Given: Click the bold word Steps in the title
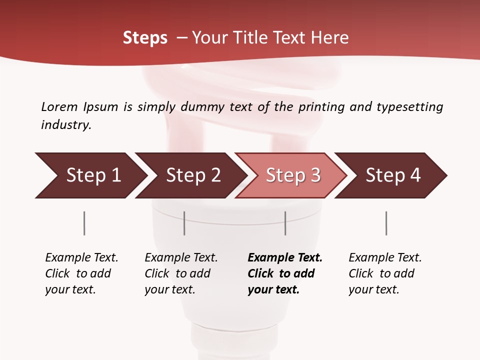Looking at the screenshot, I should coord(145,38).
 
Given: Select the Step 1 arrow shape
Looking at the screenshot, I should coord(90,175).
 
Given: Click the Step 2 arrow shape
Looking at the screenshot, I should coord(192,175).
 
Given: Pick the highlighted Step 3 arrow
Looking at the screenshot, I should coord(292,175).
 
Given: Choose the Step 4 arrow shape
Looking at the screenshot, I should coord(392,175).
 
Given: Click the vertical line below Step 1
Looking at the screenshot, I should coord(84,223).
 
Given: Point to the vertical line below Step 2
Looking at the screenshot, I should coord(184,223).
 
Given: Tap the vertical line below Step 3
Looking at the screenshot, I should coord(285,223).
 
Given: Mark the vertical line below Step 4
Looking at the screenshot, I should coord(386,223).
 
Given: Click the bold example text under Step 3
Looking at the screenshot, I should coord(285,273).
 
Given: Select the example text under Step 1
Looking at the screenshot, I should coord(81,273).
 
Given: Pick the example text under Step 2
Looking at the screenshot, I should coord(181,273).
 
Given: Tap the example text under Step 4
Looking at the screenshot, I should coord(385,273).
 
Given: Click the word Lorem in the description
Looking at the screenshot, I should coord(59,107).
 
